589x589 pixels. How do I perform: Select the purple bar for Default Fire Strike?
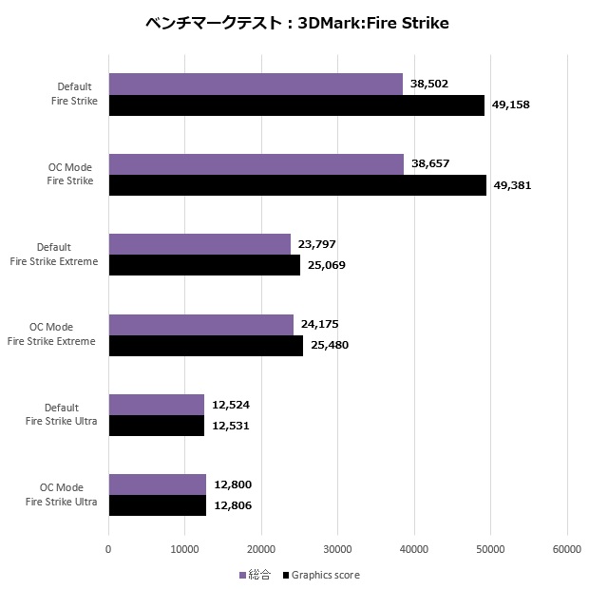pos(256,84)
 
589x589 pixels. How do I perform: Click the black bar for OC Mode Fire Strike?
pos(297,184)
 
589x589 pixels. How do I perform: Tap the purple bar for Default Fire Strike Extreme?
pos(199,244)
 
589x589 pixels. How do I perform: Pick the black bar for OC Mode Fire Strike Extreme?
pos(206,345)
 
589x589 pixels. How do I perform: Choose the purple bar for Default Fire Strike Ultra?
pos(157,405)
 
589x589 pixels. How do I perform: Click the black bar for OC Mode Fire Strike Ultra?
pos(158,505)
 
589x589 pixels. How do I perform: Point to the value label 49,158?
pos(510,104)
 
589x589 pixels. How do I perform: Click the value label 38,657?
pos(430,163)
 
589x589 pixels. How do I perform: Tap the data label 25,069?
pos(326,265)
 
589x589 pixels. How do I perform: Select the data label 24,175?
pos(320,324)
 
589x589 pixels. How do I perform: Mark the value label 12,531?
pos(231,426)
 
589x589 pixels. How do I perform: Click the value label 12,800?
pos(232,484)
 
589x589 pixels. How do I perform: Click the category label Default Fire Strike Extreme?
pos(67,255)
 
